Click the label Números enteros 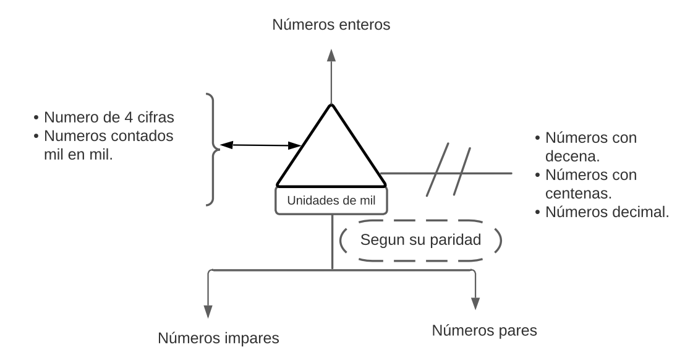coord(331,25)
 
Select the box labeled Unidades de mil coord(333,200)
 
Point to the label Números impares coord(219,338)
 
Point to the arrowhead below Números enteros coord(331,54)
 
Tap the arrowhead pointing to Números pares coord(475,302)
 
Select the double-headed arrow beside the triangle coord(260,145)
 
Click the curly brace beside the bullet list coord(211,149)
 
